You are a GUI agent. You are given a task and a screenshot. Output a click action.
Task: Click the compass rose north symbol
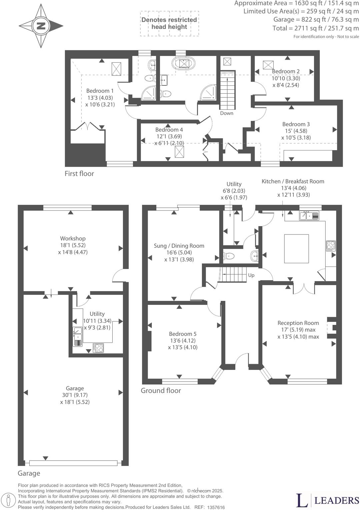point(41,26)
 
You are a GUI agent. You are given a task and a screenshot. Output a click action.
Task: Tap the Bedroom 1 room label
point(100,91)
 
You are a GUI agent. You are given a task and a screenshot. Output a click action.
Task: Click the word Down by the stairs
point(227,113)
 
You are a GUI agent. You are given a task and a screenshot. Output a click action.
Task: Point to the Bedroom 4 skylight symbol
point(179,152)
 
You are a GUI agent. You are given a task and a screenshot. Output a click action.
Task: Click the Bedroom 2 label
point(286,71)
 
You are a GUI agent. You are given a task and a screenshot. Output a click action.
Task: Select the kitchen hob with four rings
point(331,246)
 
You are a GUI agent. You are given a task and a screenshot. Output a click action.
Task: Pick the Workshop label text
point(73,238)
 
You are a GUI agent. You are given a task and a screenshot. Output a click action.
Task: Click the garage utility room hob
point(99,348)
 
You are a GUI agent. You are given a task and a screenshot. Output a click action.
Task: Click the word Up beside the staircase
point(251,275)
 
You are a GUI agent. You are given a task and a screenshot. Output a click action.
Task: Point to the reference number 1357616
point(216,507)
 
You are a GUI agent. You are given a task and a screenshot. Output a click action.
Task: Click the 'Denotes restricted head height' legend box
point(169,23)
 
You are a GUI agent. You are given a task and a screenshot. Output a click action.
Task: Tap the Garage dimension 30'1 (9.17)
point(75,395)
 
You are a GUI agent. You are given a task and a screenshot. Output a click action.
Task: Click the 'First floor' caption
point(79,173)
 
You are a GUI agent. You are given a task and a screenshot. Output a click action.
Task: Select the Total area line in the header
point(315,28)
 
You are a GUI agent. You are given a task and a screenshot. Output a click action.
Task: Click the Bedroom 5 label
point(183,334)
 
